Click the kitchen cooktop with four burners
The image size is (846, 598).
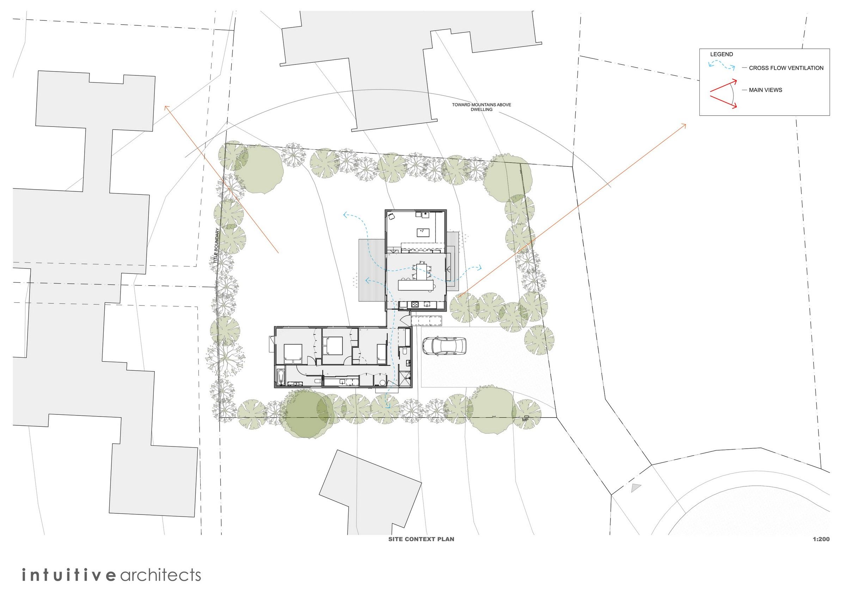click(x=415, y=304)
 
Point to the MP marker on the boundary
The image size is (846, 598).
click(x=526, y=419)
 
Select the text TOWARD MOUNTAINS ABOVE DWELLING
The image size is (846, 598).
click(x=482, y=107)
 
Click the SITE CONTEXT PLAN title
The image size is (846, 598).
click(x=421, y=539)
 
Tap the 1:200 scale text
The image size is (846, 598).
click(x=821, y=539)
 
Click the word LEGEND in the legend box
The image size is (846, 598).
click(x=722, y=54)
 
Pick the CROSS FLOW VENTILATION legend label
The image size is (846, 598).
click(x=786, y=68)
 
